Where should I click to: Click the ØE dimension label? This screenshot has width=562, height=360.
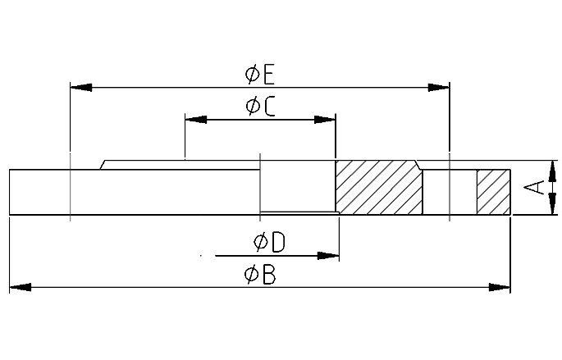(x=259, y=75)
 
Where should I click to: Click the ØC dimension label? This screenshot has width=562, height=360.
(x=260, y=107)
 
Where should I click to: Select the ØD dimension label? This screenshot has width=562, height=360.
(x=269, y=242)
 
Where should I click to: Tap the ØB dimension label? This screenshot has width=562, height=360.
(x=260, y=275)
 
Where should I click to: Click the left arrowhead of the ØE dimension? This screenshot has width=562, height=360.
(x=81, y=88)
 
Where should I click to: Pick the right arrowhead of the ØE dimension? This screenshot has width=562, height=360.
(x=438, y=88)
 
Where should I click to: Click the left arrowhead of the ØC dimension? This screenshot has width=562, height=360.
(x=196, y=119)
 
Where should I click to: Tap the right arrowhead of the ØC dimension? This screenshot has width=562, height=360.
(x=325, y=119)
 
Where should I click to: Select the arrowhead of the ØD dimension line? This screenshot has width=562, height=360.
(x=328, y=256)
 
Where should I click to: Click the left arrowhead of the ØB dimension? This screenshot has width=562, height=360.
(x=20, y=287)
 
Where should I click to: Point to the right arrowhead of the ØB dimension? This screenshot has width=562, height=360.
(x=500, y=287)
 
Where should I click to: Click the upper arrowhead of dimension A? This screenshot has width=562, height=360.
(x=552, y=171)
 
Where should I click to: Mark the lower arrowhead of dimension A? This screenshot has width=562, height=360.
(x=552, y=204)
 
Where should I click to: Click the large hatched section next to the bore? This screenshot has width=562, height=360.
(x=379, y=187)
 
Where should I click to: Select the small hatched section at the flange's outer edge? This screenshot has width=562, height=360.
(x=494, y=192)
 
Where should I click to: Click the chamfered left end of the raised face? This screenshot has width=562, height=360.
(x=103, y=165)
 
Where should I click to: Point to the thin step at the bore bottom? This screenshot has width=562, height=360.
(x=299, y=212)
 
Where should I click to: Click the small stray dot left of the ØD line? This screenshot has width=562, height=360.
(x=201, y=256)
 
